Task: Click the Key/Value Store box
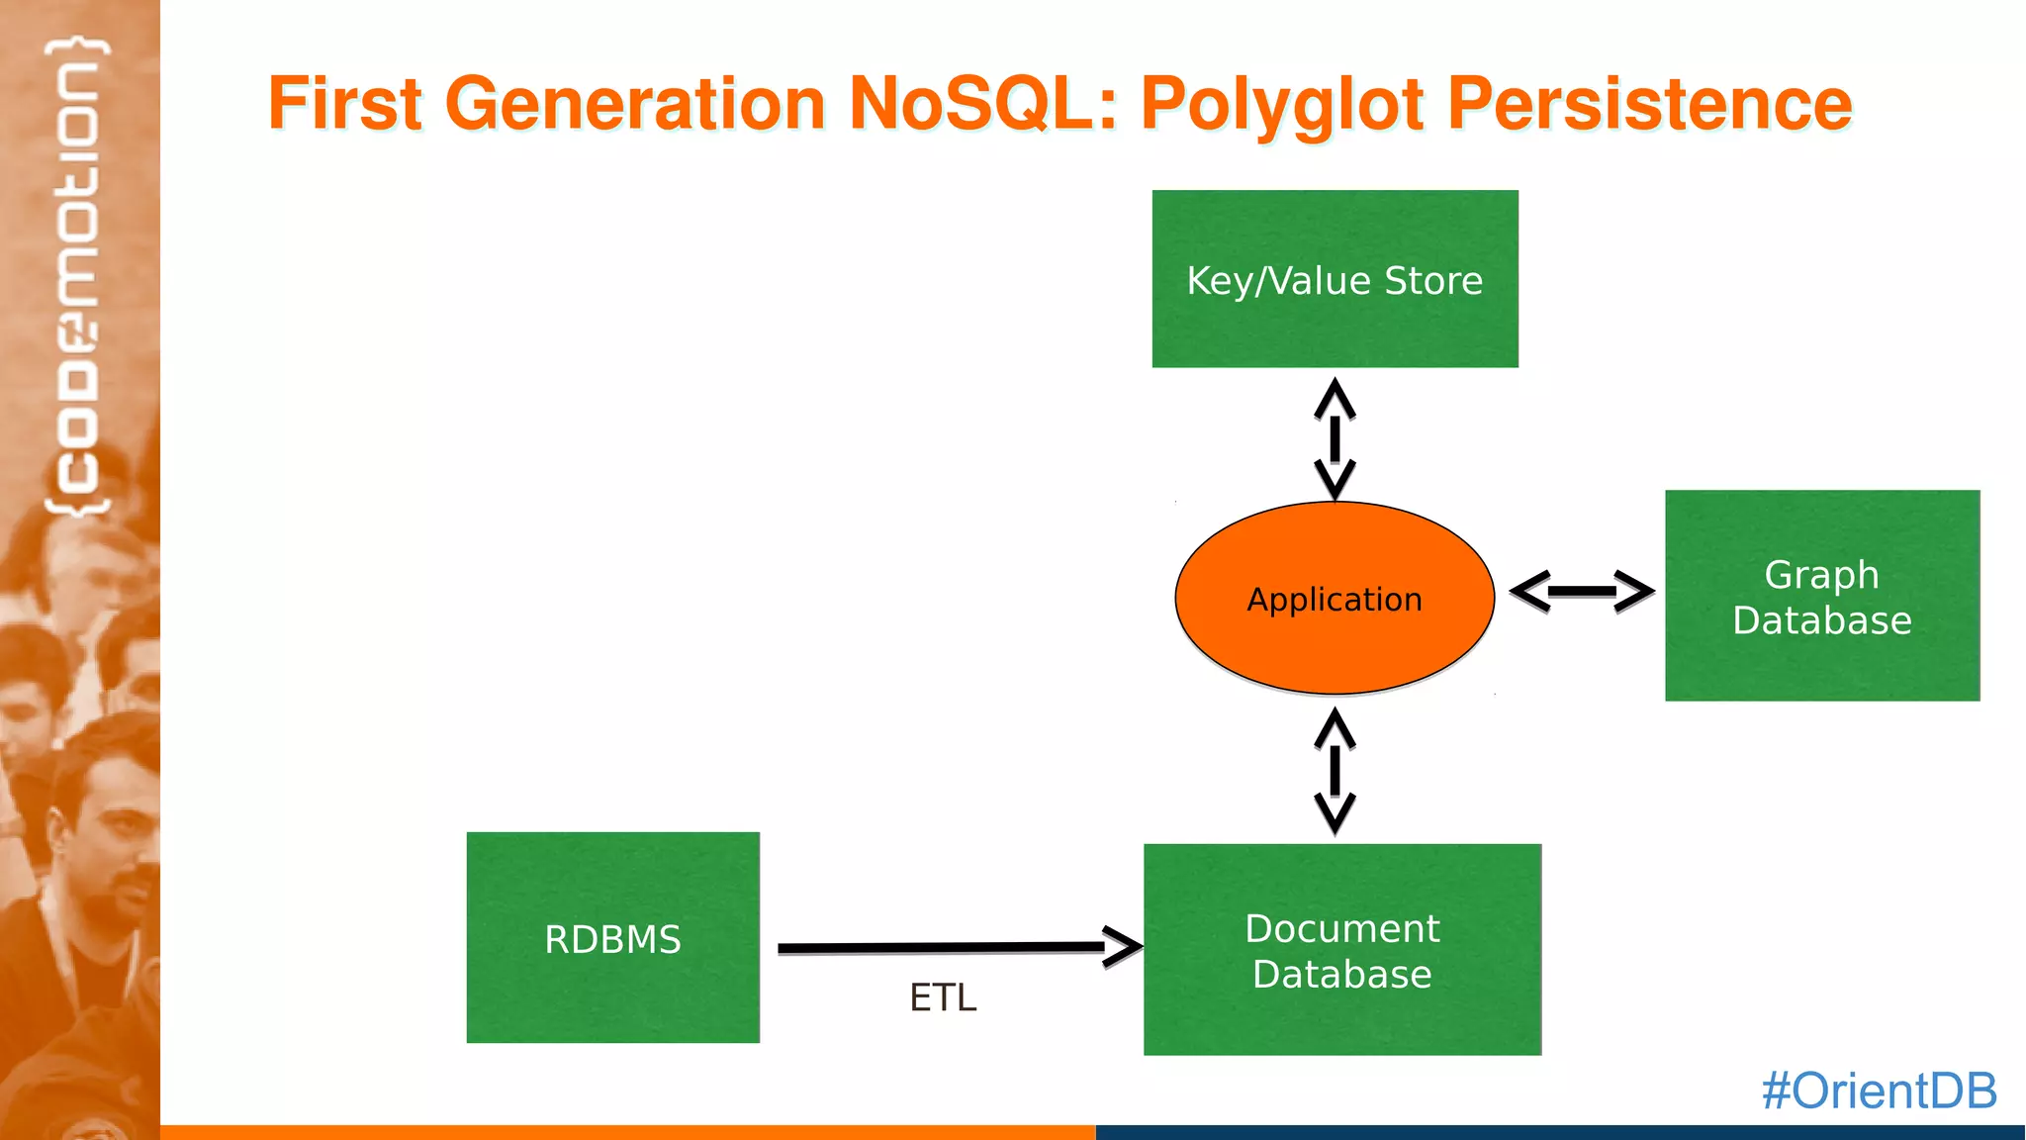click(1335, 279)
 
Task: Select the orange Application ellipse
click(1335, 599)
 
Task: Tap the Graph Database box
click(1821, 596)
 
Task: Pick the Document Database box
click(1341, 950)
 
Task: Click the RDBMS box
click(612, 938)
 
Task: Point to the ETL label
click(943, 997)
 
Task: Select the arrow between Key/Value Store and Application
click(1335, 438)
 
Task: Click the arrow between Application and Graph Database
click(1581, 592)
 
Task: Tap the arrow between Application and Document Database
click(1335, 771)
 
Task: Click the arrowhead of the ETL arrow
click(1123, 947)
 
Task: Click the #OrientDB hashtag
click(1879, 1091)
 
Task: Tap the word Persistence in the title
click(1649, 104)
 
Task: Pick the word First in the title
click(345, 104)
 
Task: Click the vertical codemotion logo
click(78, 277)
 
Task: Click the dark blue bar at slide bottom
click(1560, 1132)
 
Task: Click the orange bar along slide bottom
click(627, 1132)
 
